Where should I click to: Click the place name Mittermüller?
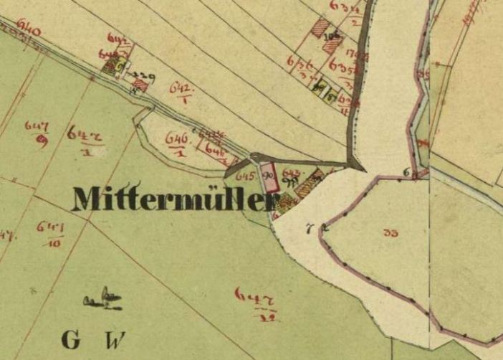(x=173, y=199)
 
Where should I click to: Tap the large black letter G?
(x=72, y=338)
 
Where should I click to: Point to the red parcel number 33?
(x=391, y=232)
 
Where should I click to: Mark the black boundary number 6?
(x=406, y=171)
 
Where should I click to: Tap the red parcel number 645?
(x=245, y=176)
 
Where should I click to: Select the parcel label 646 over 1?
(x=176, y=141)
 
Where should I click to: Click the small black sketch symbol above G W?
(x=102, y=299)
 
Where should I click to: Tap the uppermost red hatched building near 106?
(x=321, y=27)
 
